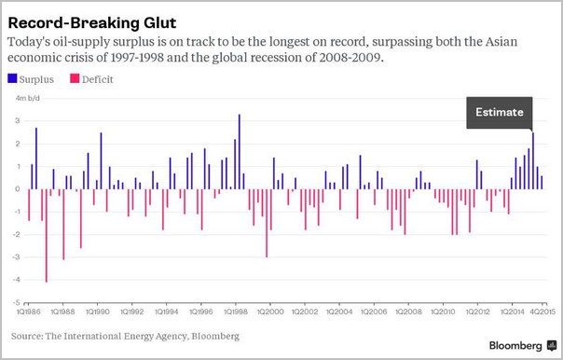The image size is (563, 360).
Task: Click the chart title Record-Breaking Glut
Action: tap(92, 23)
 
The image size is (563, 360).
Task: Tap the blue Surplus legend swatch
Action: tap(12, 78)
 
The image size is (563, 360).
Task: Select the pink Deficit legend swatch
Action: tap(75, 78)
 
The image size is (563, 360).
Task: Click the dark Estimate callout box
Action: tap(500, 113)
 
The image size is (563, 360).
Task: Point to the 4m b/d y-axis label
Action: tap(28, 98)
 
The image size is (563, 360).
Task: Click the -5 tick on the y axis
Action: tap(17, 302)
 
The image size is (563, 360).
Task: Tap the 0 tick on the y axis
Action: tap(18, 189)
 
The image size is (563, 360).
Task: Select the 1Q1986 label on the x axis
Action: tap(29, 312)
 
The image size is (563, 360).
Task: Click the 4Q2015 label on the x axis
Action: tap(542, 312)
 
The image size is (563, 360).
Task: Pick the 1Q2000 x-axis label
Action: tap(270, 312)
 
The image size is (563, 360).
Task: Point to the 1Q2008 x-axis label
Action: tap(408, 312)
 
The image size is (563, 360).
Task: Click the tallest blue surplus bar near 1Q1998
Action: tap(240, 152)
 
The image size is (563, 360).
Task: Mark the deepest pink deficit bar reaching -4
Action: tap(47, 236)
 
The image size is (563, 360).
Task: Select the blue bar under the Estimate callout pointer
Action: tap(533, 161)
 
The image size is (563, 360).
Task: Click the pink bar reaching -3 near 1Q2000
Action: tap(267, 223)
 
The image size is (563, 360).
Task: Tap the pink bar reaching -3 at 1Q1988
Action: tap(63, 224)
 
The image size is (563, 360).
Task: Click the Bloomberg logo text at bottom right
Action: tap(515, 346)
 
